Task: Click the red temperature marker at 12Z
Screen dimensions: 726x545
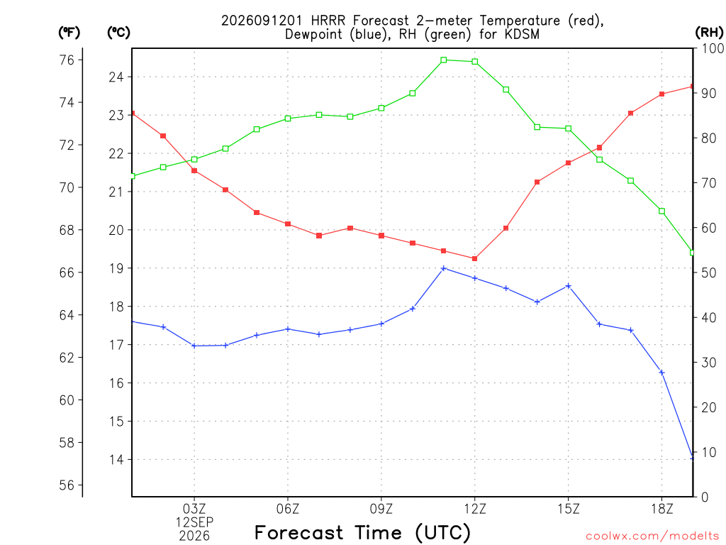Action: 474,258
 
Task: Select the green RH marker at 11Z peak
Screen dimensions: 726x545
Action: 444,60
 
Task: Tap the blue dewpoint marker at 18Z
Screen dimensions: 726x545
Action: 661,373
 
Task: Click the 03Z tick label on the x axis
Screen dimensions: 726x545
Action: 194,509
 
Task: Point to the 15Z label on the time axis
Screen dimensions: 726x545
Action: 569,509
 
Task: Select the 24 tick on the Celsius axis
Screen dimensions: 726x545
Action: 116,77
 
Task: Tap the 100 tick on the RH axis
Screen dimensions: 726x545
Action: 713,48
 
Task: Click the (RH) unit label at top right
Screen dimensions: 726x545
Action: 709,32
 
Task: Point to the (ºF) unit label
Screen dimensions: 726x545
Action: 69,32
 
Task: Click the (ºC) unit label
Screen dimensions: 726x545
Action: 118,32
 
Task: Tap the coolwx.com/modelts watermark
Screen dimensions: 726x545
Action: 652,536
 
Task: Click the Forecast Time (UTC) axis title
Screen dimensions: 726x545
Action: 362,532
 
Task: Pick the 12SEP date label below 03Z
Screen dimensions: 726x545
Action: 194,522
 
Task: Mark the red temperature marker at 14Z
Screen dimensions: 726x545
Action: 537,182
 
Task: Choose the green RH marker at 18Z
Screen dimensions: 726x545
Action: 661,211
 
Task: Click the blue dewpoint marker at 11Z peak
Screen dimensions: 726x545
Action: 444,268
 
